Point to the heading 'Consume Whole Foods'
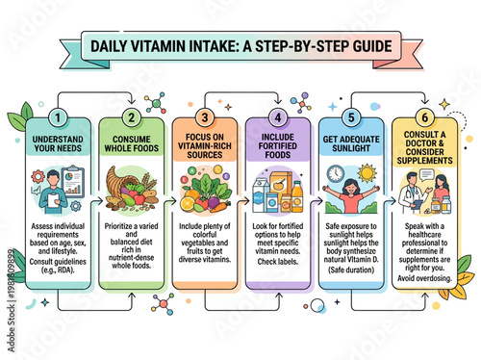click(130, 142)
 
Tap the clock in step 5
click(336, 174)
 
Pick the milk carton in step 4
click(261, 193)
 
